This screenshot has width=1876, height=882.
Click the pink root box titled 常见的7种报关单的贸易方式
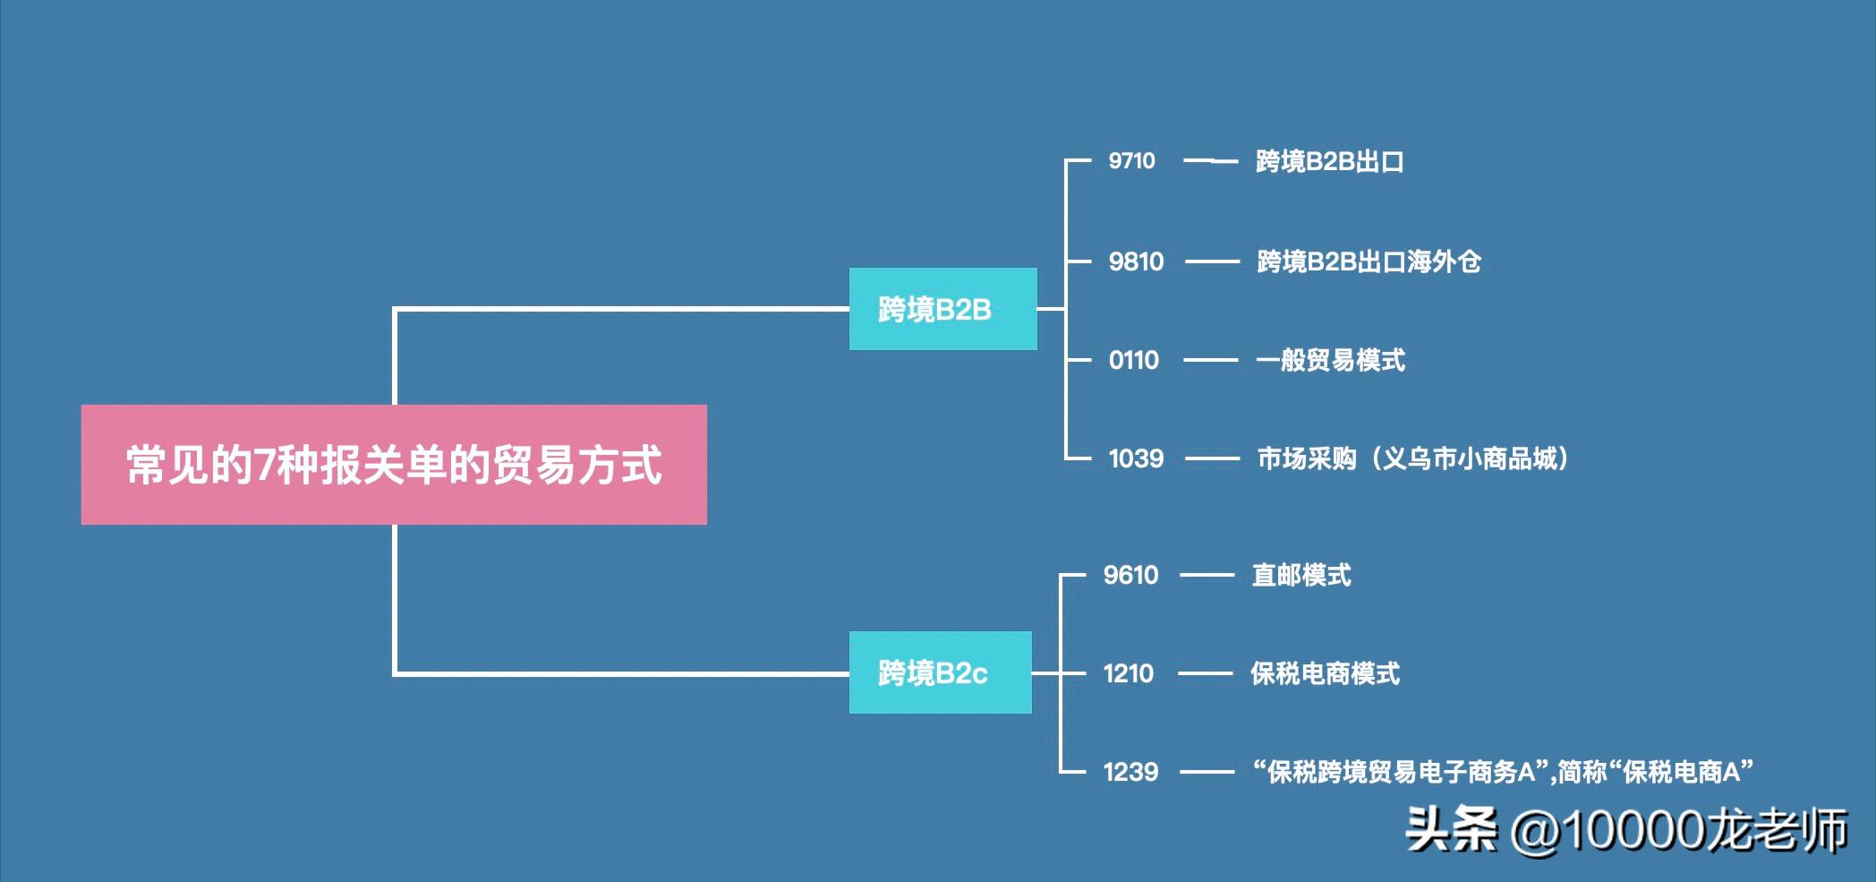coord(394,465)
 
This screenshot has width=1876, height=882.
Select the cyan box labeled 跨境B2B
coord(942,309)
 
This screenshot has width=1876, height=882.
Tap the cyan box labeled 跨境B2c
coord(940,672)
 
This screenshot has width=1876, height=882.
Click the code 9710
coord(1131,161)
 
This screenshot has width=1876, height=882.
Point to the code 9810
coord(1136,261)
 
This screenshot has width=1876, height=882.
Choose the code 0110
coord(1133,360)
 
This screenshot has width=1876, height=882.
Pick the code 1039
coord(1136,458)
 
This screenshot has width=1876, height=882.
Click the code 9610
coord(1130,575)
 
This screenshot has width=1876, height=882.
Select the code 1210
coord(1128,673)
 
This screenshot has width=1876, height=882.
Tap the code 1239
coord(1130,772)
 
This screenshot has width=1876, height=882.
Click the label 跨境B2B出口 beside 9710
coord(1329,161)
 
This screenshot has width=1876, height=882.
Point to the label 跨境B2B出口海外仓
coord(1369,261)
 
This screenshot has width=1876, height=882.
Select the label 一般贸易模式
coord(1330,360)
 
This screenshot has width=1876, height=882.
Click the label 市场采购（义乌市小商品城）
coord(1413,458)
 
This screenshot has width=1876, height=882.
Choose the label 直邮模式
coord(1301,575)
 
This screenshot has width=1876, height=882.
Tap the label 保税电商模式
coord(1325,673)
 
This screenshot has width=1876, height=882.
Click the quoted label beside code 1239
coord(1503,772)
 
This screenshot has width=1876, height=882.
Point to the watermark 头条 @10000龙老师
coord(1625,829)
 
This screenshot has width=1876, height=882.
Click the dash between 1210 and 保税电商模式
coord(1205,673)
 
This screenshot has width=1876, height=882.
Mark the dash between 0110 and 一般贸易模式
coord(1210,360)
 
